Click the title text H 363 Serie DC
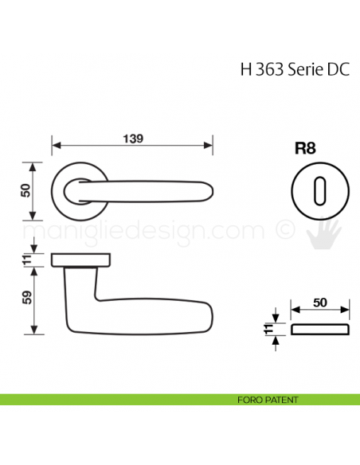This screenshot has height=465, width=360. click(x=288, y=69)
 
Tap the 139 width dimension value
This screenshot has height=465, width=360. click(x=132, y=139)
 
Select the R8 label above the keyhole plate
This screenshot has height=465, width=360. click(x=305, y=148)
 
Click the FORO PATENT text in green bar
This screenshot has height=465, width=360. click(x=268, y=398)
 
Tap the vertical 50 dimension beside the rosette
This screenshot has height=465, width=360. click(x=25, y=191)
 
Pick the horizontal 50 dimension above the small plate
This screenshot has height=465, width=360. click(x=319, y=303)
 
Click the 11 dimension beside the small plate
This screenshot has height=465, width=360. click(x=268, y=329)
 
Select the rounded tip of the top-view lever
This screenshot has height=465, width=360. click(x=208, y=191)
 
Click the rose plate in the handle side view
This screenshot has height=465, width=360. click(x=80, y=260)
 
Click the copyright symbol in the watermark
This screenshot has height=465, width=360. click(x=284, y=230)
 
